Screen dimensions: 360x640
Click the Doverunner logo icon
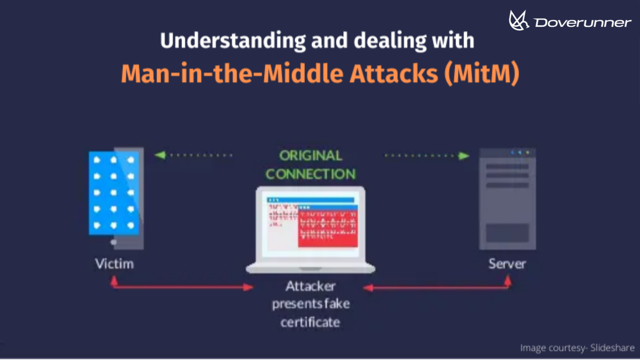click(518, 20)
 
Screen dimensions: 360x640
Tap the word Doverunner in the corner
click(583, 23)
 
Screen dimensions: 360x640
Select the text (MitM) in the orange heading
click(482, 74)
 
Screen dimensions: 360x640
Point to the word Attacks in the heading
click(394, 74)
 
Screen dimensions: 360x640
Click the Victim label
click(114, 264)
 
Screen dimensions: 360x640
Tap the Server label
click(507, 264)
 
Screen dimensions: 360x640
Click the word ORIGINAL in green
click(311, 156)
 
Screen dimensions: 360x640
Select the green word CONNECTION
click(311, 174)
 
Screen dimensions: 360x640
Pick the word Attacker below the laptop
click(311, 286)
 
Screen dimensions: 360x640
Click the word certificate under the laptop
click(310, 322)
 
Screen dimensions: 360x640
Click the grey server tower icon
click(507, 199)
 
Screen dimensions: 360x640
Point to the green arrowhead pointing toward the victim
click(160, 155)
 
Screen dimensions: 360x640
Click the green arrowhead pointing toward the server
click(464, 156)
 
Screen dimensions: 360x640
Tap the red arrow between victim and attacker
click(182, 287)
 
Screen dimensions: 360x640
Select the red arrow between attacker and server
click(436, 287)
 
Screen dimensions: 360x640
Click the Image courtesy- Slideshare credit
click(577, 348)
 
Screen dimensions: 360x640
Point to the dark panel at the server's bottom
click(507, 232)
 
